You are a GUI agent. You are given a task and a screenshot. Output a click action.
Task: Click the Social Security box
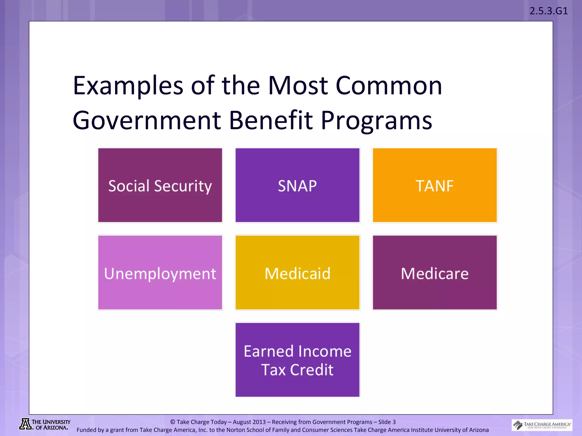pos(160,185)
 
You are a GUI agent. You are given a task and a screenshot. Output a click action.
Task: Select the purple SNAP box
pos(297,185)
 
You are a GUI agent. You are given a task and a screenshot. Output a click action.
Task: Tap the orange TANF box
pos(435,185)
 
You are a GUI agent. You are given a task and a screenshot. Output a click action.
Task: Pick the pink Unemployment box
pos(160,272)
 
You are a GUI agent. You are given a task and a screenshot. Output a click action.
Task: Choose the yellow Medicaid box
pos(297,272)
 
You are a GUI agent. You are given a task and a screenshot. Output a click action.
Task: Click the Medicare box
pos(435,272)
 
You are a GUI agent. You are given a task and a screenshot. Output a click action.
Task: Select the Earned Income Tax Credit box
pos(297,360)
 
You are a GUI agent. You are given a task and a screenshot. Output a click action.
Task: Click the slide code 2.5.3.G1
pos(548,11)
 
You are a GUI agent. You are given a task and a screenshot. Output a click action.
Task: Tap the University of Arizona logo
pos(45,424)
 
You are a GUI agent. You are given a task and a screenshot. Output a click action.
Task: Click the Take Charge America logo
pos(542,425)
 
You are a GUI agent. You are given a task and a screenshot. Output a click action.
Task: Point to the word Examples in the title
pos(128,86)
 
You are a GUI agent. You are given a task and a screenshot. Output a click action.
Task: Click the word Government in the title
pos(147,120)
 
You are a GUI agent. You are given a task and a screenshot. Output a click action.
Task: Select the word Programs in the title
pos(376,120)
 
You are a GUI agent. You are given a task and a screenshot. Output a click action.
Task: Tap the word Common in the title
pos(389,86)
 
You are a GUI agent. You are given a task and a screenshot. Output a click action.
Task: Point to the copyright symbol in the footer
pos(172,422)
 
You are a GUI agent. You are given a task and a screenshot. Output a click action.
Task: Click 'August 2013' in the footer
pos(249,422)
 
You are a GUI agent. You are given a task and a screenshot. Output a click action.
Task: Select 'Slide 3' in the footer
pos(387,422)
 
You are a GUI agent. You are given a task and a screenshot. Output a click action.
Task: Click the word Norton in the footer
pos(235,430)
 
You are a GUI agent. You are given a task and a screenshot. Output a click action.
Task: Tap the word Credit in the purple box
pos(311,370)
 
